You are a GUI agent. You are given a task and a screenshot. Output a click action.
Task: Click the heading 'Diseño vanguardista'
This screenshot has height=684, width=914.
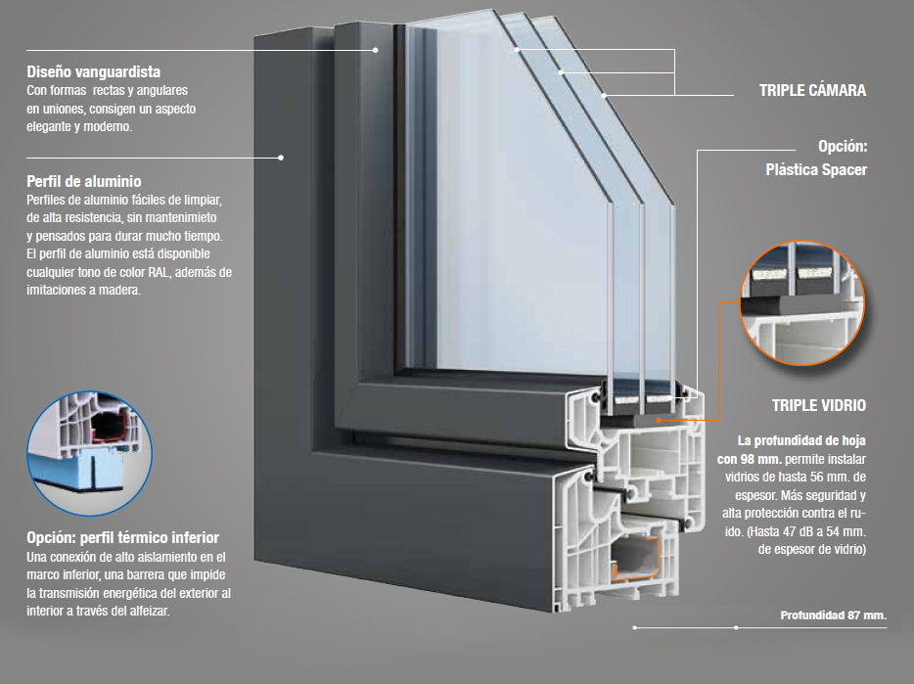click(93, 71)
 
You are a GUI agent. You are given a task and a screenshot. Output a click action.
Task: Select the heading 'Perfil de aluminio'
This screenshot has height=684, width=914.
click(84, 181)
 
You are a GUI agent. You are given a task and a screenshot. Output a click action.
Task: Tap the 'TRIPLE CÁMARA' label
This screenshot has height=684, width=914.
click(812, 90)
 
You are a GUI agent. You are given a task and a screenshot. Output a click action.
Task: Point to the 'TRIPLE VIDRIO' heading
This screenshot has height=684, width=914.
click(819, 405)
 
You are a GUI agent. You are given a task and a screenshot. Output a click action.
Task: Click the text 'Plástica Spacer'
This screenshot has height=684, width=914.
click(816, 169)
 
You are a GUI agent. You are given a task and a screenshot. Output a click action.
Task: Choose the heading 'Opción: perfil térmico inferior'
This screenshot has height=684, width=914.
click(123, 537)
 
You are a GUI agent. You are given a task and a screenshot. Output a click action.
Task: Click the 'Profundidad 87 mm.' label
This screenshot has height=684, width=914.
click(834, 616)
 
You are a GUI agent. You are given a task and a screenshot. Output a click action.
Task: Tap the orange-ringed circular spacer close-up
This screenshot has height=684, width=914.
click(802, 303)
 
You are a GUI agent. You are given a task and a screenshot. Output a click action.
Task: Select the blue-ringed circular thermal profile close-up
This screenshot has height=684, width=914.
click(89, 453)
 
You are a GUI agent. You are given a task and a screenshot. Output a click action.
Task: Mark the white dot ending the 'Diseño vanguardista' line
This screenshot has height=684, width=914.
click(376, 50)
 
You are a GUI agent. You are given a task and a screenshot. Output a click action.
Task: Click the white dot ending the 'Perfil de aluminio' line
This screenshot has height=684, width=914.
click(281, 158)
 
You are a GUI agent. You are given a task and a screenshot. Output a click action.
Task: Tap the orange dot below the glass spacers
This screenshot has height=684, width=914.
click(659, 419)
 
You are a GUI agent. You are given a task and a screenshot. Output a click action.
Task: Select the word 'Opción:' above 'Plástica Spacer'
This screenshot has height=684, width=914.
click(843, 146)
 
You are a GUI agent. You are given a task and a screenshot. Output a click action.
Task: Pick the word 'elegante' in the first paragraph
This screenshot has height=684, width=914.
click(49, 126)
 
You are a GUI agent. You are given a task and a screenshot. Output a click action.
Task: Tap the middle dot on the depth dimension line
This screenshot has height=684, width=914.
click(736, 627)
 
